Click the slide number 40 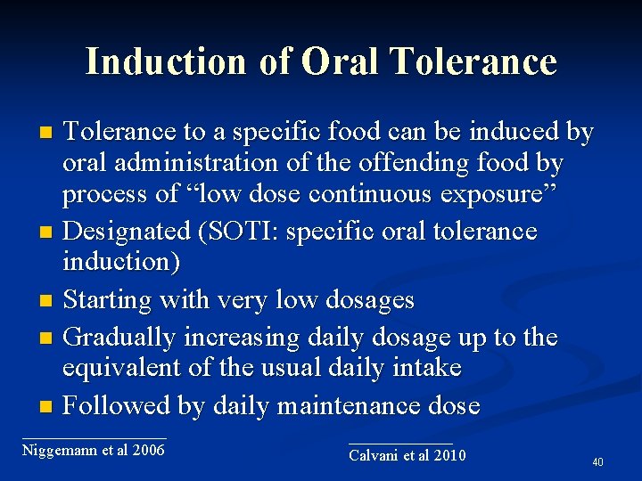point(597,462)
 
